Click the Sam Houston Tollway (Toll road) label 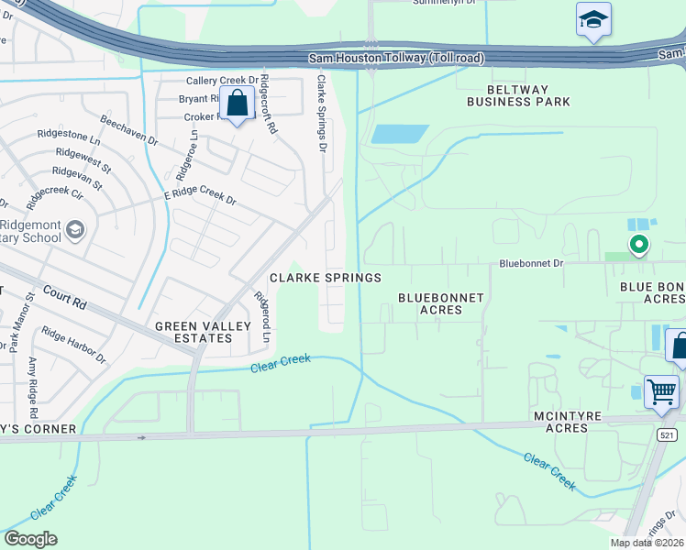pos(395,59)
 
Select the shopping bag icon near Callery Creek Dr pos(238,105)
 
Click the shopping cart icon pos(661,392)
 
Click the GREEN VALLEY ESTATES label pos(194,332)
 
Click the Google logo pos(30,539)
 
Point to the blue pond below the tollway pos(400,134)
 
